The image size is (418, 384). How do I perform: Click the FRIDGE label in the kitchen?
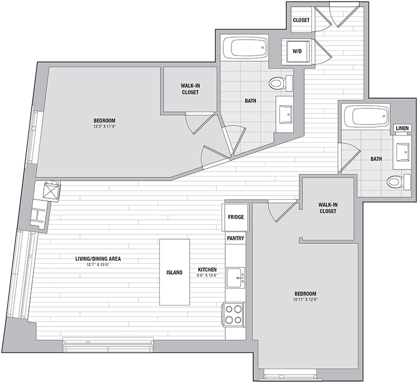pyautogui.click(x=236, y=217)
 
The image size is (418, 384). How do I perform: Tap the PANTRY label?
pyautogui.click(x=236, y=238)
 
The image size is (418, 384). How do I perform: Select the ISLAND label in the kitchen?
pyautogui.click(x=175, y=273)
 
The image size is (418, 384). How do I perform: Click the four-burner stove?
pyautogui.click(x=234, y=314)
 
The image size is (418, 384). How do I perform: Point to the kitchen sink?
pyautogui.click(x=236, y=278)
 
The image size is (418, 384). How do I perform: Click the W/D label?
pyautogui.click(x=297, y=51)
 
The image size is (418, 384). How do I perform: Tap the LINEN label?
pyautogui.click(x=402, y=128)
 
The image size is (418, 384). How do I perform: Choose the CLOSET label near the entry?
pyautogui.click(x=301, y=20)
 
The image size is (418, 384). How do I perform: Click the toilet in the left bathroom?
pyautogui.click(x=281, y=83)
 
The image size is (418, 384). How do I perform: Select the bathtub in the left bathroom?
pyautogui.click(x=245, y=48)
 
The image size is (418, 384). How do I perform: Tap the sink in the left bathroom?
pyautogui.click(x=285, y=115)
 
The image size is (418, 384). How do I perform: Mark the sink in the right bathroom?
pyautogui.click(x=402, y=152)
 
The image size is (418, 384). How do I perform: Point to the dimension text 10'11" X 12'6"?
pyautogui.click(x=306, y=299)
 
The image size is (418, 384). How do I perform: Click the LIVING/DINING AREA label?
pyautogui.click(x=98, y=258)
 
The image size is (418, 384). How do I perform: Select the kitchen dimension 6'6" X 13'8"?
pyautogui.click(x=207, y=275)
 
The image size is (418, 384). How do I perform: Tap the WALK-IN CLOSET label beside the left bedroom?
pyautogui.click(x=190, y=89)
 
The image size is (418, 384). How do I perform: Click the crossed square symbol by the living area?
pyautogui.click(x=51, y=190)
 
